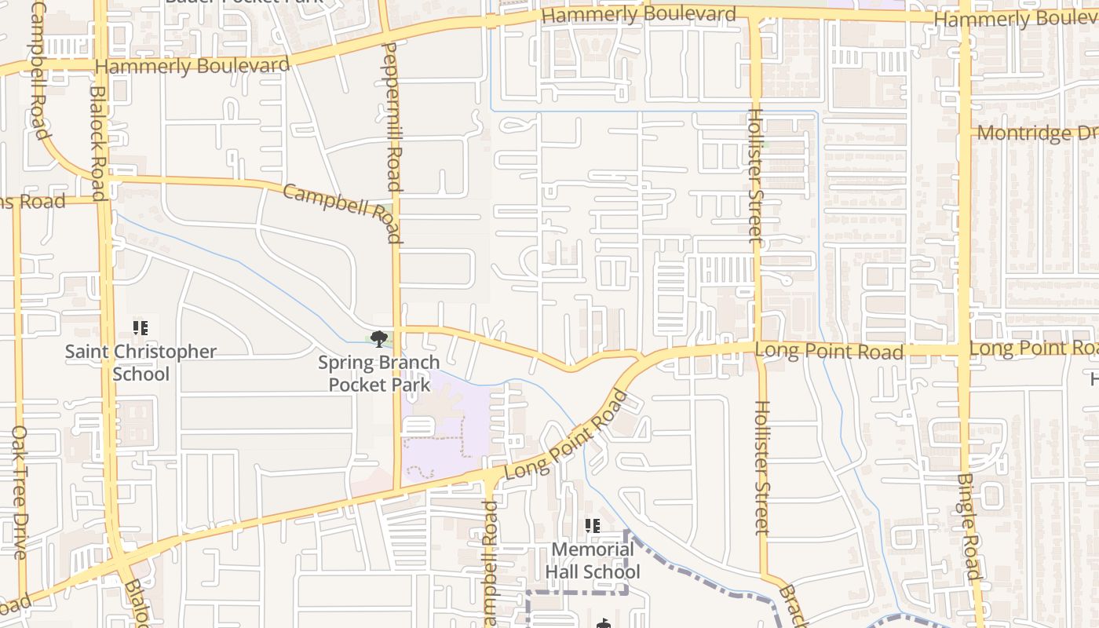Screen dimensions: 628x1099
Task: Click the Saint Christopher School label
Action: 141,362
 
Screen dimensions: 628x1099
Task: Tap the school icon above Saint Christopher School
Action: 141,328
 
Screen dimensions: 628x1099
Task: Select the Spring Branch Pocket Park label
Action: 378,374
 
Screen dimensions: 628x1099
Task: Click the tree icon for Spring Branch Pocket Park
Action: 379,339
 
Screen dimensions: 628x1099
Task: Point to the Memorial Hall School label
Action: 593,560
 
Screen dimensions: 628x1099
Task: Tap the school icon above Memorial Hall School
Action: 593,526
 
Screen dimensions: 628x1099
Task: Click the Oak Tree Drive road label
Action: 20,492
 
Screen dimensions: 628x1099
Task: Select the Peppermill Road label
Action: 393,118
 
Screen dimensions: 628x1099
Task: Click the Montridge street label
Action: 1035,133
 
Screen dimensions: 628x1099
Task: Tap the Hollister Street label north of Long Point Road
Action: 754,175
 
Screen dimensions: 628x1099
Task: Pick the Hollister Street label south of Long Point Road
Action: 761,468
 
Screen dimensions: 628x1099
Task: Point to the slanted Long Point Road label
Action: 566,436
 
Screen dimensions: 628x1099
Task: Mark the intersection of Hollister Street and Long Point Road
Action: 758,348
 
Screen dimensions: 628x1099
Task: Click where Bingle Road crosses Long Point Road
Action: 964,349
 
